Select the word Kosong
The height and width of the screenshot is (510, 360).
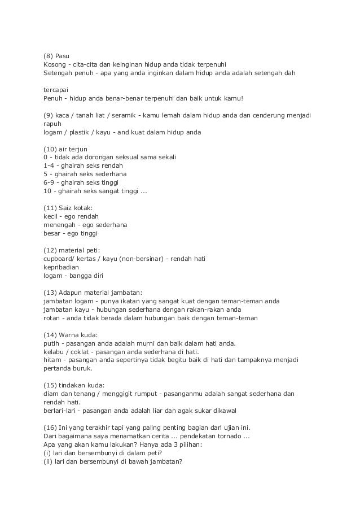55,64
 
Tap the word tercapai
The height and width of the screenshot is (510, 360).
55,90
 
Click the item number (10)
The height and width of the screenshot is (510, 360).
51,149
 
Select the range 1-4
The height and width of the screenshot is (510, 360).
49,166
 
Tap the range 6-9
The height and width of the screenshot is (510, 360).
49,183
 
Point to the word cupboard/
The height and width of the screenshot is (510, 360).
60,259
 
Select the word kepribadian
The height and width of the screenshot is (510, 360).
62,267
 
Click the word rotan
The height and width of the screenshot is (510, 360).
52,318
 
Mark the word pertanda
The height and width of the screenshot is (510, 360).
59,368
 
